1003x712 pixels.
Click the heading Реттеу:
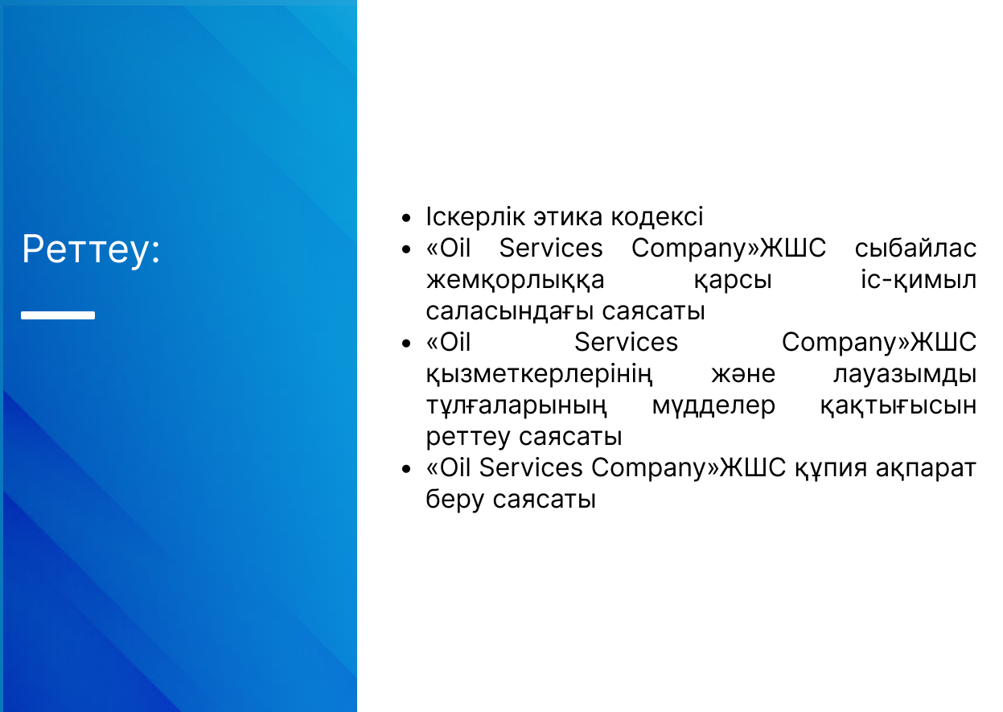pyautogui.click(x=91, y=250)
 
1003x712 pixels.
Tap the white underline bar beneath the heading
pyautogui.click(x=58, y=315)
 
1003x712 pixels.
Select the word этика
pyautogui.click(x=568, y=218)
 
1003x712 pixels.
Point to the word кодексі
pyautogui.click(x=657, y=216)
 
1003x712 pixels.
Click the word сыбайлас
pyautogui.click(x=915, y=248)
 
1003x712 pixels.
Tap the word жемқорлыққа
pyautogui.click(x=515, y=281)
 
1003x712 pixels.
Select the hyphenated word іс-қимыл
pyautogui.click(x=919, y=281)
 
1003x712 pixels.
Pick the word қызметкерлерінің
pyautogui.click(x=539, y=374)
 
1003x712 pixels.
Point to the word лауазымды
pyautogui.click(x=905, y=375)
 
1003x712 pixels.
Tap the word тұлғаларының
pyautogui.click(x=516, y=406)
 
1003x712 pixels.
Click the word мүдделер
pyautogui.click(x=713, y=405)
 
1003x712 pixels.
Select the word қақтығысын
pyautogui.click(x=898, y=406)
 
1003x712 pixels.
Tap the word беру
pyautogui.click(x=455, y=500)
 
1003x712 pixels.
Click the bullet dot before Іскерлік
pyautogui.click(x=406, y=218)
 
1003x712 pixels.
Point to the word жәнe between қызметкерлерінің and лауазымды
pyautogui.click(x=743, y=374)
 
